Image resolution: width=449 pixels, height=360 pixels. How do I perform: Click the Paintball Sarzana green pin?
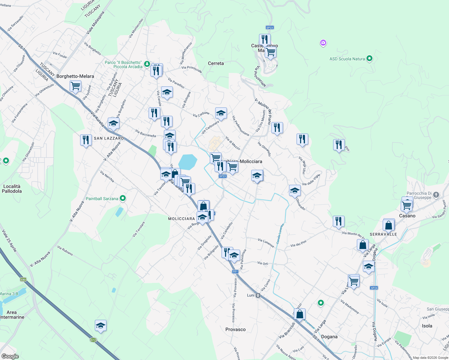coord(122,198)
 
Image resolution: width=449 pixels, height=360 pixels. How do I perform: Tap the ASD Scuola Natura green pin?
coord(369,58)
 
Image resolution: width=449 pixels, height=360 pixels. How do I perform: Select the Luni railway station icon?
coord(258,295)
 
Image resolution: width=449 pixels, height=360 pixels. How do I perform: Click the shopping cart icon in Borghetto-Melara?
coord(75,86)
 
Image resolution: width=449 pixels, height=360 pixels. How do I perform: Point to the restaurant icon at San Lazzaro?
coord(86,140)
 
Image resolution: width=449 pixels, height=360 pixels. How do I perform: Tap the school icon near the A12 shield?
coord(101,325)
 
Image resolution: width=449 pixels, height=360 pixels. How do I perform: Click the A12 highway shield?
coord(93,340)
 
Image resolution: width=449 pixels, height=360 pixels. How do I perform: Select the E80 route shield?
coord(23,280)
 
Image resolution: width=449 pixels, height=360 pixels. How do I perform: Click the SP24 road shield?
coord(374,288)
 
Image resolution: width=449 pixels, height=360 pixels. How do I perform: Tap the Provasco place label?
coord(235,329)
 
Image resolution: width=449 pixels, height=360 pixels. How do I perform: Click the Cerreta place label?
coord(216,63)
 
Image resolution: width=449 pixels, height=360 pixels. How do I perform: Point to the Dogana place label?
coord(329,337)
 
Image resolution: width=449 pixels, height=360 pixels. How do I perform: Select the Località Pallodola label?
coord(12,189)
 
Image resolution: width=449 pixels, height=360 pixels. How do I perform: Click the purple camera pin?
coord(323,43)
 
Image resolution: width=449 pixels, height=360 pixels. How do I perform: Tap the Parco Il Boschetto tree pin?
coord(147,64)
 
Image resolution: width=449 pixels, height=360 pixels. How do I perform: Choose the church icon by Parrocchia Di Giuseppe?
coord(436,195)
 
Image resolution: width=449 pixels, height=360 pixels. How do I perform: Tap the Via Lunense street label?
coord(266,243)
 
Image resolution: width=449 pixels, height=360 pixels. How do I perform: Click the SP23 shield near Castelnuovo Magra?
coord(270,28)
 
